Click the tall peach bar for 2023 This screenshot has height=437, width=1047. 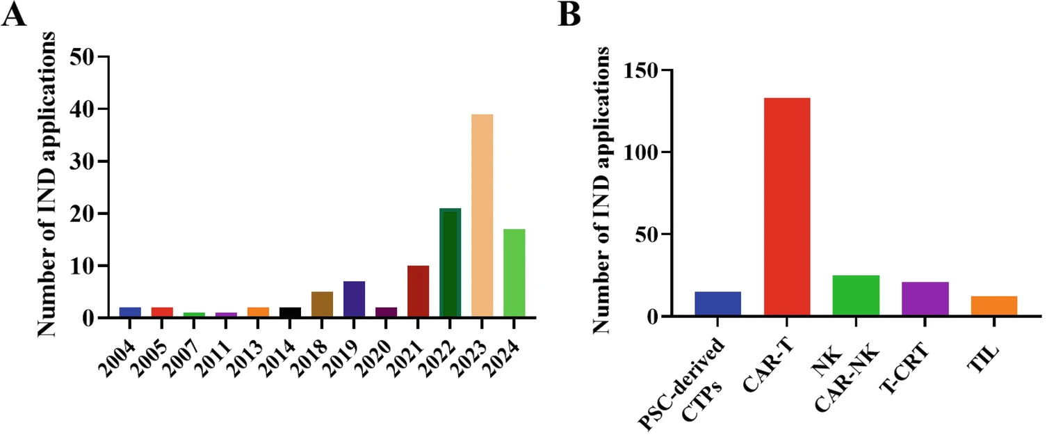[x=482, y=216]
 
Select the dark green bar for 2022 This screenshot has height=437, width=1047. [x=450, y=263]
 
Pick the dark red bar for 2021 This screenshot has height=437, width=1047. [x=418, y=292]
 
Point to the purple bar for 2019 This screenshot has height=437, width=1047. [x=354, y=299]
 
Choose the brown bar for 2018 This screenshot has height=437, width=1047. [x=322, y=305]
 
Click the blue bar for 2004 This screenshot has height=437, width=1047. [x=130, y=312]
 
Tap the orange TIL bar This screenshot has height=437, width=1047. [x=994, y=306]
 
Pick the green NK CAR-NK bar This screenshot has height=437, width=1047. [x=856, y=296]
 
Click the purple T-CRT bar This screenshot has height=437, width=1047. [x=925, y=299]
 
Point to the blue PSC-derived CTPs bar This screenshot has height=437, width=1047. [x=717, y=303]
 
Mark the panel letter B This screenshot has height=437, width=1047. [x=570, y=15]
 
